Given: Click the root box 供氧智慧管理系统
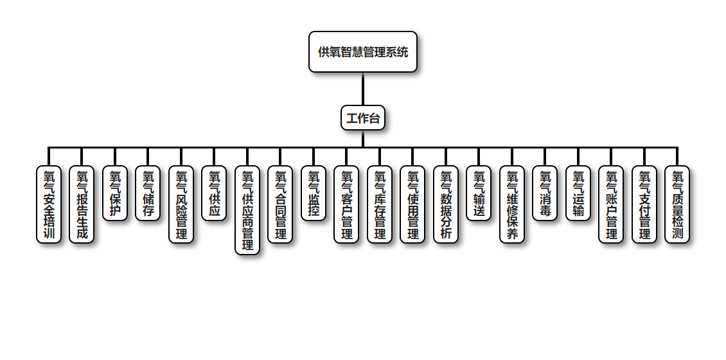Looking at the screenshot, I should tap(363, 52).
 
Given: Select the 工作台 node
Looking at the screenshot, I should tap(363, 118).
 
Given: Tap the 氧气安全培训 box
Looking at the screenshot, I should tap(49, 204).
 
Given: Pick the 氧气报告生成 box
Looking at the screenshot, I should tap(82, 204).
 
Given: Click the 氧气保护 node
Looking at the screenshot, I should tap(115, 194).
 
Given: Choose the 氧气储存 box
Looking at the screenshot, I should tap(148, 194).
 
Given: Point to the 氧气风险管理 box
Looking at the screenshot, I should tap(181, 204).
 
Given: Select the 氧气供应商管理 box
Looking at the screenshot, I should tap(247, 210).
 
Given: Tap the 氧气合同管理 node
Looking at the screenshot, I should tap(280, 204).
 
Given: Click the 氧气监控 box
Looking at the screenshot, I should tap(314, 194).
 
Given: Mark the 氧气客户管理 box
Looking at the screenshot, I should tap(346, 204).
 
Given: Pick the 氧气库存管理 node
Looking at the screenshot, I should tap(380, 204).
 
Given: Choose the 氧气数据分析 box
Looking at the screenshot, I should tap(446, 204).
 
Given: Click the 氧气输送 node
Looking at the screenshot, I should tap(479, 194).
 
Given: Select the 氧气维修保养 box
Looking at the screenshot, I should tap(512, 204).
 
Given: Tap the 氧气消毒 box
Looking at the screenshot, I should tap(545, 194).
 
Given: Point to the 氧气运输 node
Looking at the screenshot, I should tap(578, 194).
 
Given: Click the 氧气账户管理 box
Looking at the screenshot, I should tap(611, 204).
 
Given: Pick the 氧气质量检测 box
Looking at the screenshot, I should tap(677, 204).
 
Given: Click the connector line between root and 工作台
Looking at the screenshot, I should tap(363, 89).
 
